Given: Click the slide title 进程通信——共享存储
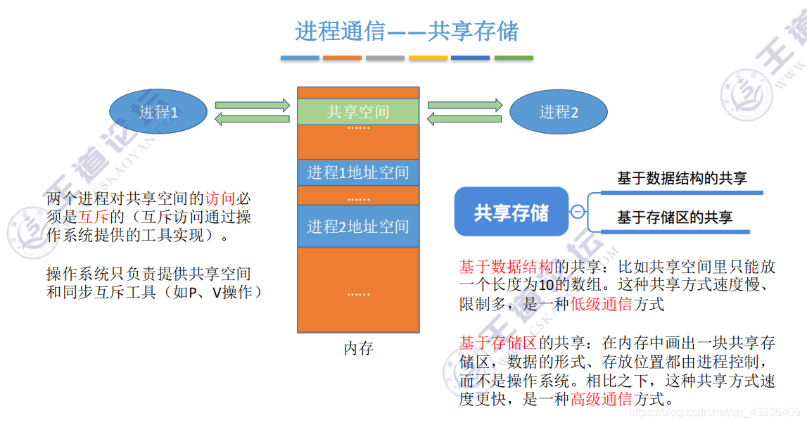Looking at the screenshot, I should [407, 31].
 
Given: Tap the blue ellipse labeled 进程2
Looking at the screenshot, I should [558, 112].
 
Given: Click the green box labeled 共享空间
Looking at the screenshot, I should [358, 111].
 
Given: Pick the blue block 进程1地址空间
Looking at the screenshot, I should [358, 172].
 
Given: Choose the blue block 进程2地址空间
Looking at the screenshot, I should [358, 226].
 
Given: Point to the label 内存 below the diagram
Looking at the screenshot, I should [358, 348].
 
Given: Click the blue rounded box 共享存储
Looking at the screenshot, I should [511, 212].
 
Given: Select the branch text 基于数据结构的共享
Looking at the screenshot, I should [682, 179].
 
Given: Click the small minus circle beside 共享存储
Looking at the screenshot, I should [578, 212].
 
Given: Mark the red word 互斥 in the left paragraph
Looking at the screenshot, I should [92, 217].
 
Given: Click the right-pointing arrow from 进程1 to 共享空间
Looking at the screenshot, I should [253, 106].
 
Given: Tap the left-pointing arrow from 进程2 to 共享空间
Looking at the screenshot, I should [465, 119].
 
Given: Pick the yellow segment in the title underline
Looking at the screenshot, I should [428, 58].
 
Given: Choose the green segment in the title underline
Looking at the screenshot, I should [514, 58].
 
